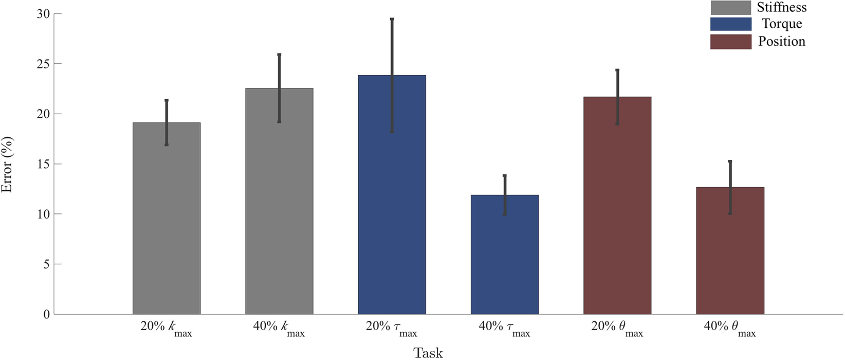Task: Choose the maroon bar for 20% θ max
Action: [617, 206]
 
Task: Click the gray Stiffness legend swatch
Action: [730, 7]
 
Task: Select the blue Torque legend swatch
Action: [730, 24]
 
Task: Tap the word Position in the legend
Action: [781, 42]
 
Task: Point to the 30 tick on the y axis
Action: [43, 14]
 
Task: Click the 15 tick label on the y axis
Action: [43, 164]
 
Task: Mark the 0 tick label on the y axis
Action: [46, 314]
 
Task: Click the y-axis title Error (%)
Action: [7, 165]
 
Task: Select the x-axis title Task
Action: [428, 353]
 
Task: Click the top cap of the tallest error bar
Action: [392, 19]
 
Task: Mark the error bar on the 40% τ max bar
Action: [505, 195]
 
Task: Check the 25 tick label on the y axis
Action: [43, 64]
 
